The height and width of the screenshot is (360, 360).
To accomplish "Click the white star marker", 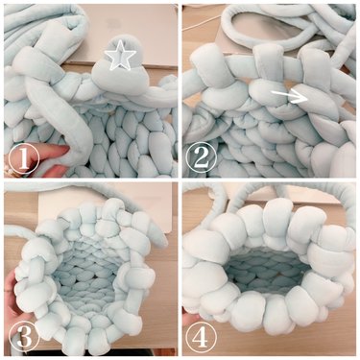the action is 116,56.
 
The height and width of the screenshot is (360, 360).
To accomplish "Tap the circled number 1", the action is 24,159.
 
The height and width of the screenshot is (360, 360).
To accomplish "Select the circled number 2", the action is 201,158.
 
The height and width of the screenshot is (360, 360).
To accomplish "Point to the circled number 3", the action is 24,337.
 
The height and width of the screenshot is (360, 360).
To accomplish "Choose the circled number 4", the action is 201,337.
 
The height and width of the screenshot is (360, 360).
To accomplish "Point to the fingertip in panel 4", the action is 192,318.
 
